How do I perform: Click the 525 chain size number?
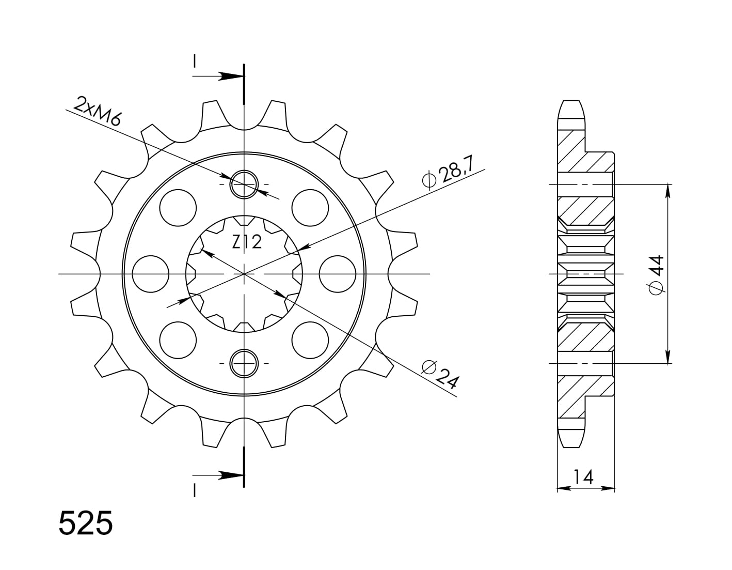(86, 523)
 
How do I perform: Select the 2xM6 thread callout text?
(97, 111)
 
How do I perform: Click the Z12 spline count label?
(247, 242)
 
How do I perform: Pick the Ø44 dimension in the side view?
(656, 275)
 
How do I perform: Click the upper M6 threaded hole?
(244, 184)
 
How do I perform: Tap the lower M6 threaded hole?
(244, 364)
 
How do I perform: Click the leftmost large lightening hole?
(151, 274)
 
